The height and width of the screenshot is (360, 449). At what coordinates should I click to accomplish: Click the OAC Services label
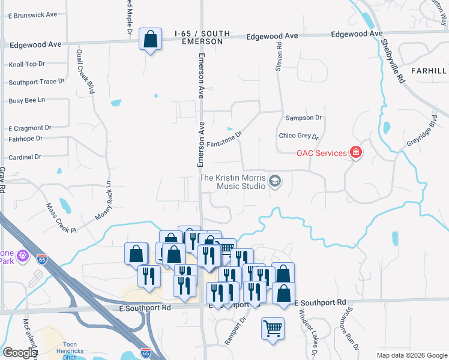click(x=322, y=153)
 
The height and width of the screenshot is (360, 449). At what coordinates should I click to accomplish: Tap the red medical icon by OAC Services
click(x=357, y=152)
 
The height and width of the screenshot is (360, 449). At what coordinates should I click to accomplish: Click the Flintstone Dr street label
click(x=224, y=139)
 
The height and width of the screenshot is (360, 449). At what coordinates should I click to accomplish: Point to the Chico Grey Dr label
click(x=298, y=136)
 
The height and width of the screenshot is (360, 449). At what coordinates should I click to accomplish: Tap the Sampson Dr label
click(x=304, y=118)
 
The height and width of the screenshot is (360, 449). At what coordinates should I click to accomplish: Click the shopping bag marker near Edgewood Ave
click(x=150, y=40)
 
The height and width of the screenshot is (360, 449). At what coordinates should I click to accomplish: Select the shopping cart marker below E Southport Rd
click(x=273, y=328)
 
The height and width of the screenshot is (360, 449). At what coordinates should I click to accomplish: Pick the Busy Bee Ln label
click(x=27, y=101)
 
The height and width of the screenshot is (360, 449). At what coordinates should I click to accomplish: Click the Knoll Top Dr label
click(x=27, y=64)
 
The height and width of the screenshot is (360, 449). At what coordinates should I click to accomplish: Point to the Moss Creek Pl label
click(x=61, y=218)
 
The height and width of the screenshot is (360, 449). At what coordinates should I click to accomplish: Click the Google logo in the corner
click(x=20, y=353)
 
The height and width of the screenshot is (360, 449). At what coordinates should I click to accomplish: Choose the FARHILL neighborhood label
click(x=429, y=71)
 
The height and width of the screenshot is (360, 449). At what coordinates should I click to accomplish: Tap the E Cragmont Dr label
click(x=30, y=128)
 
